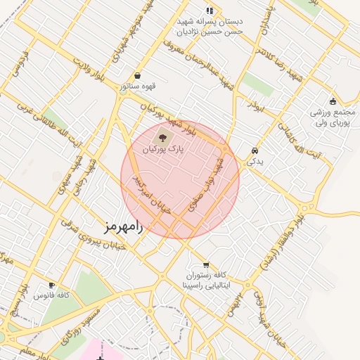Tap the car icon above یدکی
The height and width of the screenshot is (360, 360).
255,150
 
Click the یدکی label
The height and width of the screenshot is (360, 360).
255,161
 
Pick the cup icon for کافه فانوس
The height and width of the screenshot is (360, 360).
50,285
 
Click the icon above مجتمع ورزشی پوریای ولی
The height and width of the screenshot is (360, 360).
335,101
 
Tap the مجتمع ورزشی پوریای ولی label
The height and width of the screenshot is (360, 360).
335,118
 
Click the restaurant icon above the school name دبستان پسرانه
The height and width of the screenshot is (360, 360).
209,10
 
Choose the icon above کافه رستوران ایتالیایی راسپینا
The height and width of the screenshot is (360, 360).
205,264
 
